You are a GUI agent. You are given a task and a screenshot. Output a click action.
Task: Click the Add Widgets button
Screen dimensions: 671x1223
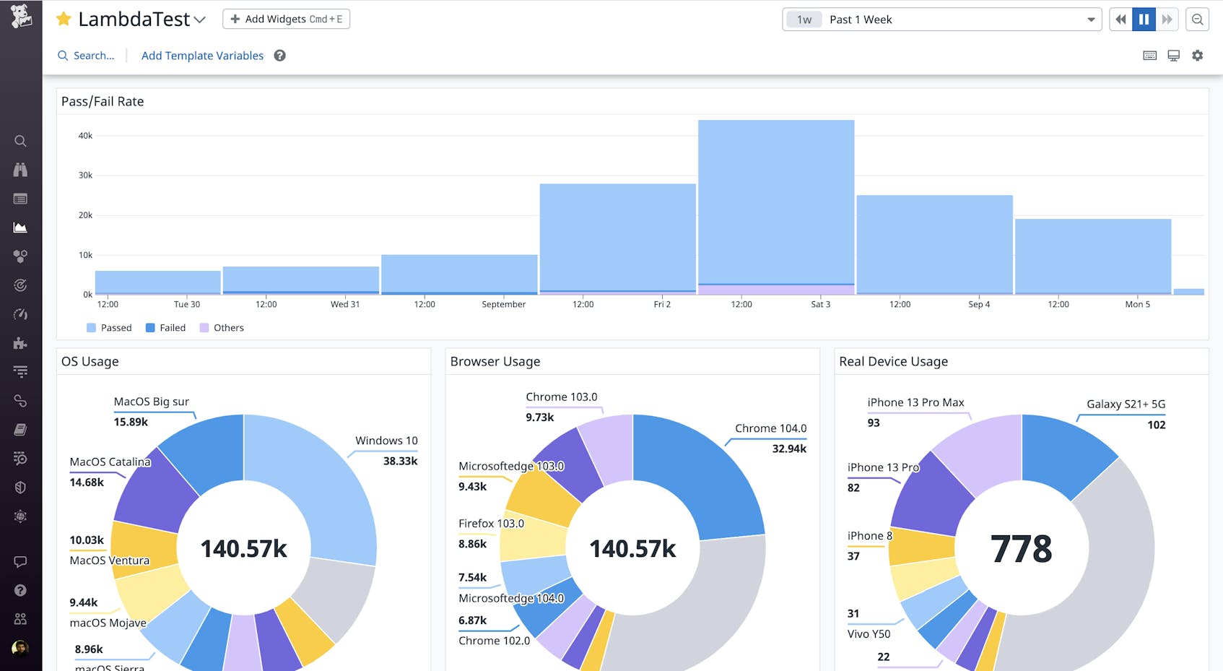286,19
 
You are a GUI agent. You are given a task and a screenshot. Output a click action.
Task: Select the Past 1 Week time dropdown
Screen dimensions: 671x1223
941,20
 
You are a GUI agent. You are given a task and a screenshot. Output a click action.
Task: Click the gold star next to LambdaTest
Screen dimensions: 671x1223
64,19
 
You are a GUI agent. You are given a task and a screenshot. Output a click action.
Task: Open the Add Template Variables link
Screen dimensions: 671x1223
202,56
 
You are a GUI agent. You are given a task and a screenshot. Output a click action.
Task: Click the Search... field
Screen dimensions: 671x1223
93,56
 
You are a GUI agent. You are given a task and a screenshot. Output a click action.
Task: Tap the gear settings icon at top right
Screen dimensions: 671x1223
1197,56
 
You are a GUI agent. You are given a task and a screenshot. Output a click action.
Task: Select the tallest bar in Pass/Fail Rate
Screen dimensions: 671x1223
776,202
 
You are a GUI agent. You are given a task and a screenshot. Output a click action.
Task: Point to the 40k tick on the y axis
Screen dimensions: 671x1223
85,136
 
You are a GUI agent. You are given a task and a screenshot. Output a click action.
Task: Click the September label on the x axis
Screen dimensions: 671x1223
503,304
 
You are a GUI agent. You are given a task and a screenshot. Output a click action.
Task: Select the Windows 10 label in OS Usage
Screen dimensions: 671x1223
386,441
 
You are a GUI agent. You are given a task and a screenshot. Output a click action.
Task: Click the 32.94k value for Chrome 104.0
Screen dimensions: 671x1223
789,449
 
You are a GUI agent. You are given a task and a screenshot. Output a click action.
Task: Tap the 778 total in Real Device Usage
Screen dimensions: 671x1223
1021,549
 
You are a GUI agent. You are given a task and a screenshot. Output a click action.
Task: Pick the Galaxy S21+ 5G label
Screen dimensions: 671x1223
1126,404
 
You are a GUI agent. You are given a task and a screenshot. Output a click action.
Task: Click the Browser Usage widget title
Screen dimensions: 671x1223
495,362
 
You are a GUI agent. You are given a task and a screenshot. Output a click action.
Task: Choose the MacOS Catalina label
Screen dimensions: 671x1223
110,462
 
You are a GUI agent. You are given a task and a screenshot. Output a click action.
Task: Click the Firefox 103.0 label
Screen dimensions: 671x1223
491,524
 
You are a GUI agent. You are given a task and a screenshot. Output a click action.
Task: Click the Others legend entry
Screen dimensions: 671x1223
228,328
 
